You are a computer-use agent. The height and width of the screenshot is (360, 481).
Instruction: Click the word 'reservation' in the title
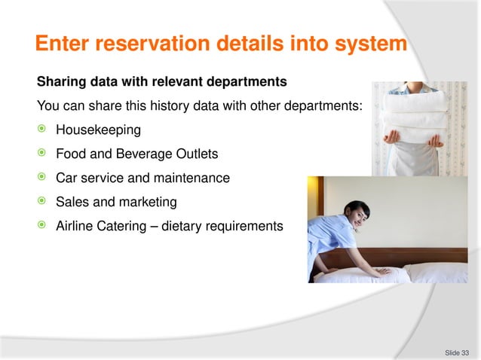coord(150,43)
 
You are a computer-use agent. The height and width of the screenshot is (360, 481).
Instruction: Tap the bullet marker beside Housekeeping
coord(42,130)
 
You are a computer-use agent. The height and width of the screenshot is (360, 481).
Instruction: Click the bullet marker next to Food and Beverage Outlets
coord(42,154)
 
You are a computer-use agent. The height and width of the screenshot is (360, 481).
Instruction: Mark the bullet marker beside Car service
coord(42,178)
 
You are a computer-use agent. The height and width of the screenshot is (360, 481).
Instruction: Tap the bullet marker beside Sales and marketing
coord(42,202)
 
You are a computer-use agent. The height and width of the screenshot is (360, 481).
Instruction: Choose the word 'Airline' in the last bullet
coord(76,226)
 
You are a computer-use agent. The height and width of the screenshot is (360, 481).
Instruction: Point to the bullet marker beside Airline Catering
coord(42,226)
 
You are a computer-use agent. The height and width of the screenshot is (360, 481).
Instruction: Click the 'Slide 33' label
coord(456,352)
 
